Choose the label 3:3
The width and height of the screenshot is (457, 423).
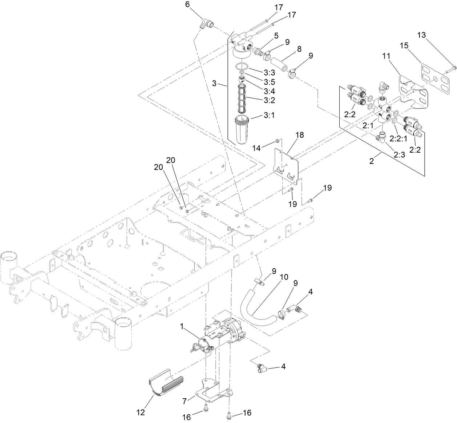(269, 70)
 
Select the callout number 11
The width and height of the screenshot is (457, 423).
(386, 56)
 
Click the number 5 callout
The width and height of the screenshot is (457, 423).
(276, 36)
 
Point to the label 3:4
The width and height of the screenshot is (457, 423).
(269, 91)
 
